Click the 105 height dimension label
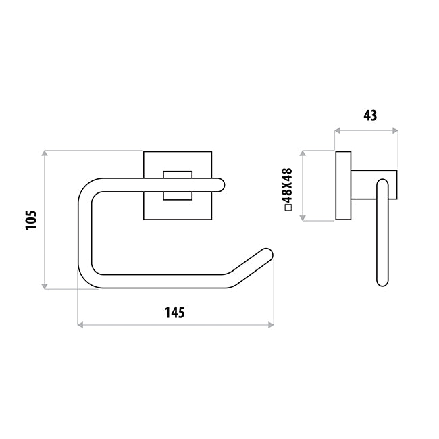pos(31,220)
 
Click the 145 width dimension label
pos(174,313)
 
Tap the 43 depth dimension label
pos(370,115)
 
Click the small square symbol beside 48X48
pos(288,207)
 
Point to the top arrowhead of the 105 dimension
pos(45,153)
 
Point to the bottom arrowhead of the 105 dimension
pos(45,286)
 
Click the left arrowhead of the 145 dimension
pos(80,325)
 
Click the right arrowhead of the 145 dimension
pos(271,325)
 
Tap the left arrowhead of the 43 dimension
pos(338,130)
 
